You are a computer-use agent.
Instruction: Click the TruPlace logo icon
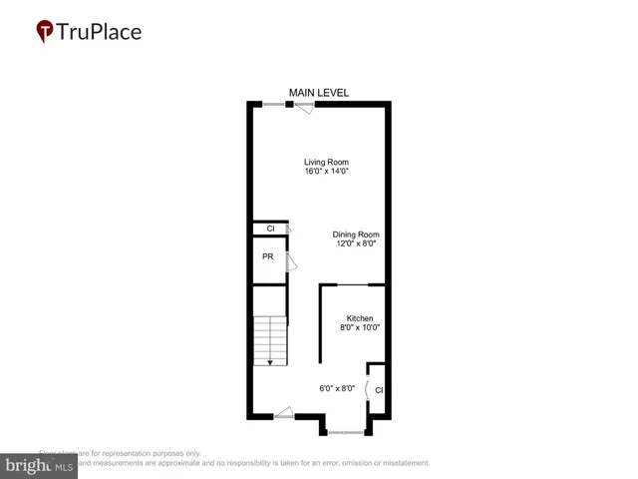[x=45, y=32]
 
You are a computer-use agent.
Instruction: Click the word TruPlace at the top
[x=100, y=32]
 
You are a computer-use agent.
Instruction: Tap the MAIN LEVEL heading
[x=319, y=93]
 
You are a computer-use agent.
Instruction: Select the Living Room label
[x=326, y=162]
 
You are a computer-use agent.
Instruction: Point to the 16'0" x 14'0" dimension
[x=326, y=172]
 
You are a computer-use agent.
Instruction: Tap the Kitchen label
[x=360, y=318]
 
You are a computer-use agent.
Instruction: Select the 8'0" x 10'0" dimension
[x=360, y=327]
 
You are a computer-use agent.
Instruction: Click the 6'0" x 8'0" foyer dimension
[x=337, y=389]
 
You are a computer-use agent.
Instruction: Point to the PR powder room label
[x=267, y=256]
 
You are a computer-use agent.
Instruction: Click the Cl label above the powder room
[x=270, y=230]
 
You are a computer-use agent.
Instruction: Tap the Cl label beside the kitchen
[x=379, y=390]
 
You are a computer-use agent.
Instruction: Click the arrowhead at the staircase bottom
[x=269, y=362]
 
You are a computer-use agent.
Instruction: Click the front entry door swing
[x=283, y=412]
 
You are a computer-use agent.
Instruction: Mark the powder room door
[x=291, y=262]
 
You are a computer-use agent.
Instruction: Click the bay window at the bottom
[x=346, y=432]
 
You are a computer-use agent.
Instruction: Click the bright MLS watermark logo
[x=39, y=465]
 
